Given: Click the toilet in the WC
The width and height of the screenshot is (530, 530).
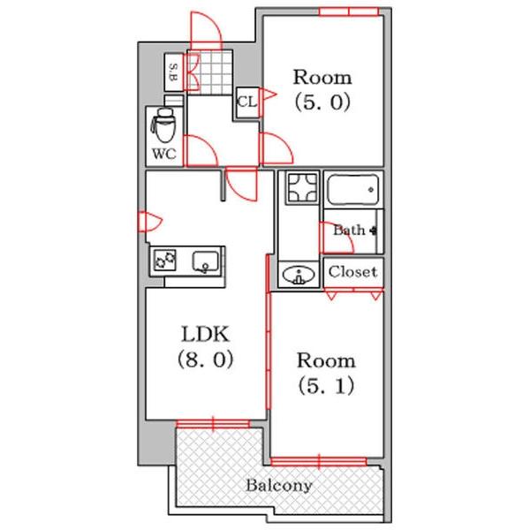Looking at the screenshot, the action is coord(164,125).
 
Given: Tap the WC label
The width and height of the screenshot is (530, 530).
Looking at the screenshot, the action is coord(164,154).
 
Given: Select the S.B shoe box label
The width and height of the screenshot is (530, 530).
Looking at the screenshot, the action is coord(173,72).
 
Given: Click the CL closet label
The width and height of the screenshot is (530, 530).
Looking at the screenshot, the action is coord(247,102).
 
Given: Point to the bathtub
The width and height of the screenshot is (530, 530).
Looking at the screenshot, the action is coord(352,189).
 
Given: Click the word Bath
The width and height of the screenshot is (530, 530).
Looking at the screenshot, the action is coord(349,231).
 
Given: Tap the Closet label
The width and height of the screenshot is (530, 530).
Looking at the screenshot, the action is coord(352,272).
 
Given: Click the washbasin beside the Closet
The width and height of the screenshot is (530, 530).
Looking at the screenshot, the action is coord(299,275).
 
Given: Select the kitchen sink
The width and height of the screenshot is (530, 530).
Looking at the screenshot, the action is coord(206,262).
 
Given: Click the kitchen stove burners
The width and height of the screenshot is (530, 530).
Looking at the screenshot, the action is coord(165,260).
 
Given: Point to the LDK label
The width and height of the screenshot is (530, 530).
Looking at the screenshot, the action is coord(206,334).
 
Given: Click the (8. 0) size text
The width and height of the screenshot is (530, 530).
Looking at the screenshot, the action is coord(206,359).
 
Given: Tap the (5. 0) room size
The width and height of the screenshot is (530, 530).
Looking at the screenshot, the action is coord(322,102).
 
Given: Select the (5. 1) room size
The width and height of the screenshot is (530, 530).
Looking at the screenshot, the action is coord(327,386).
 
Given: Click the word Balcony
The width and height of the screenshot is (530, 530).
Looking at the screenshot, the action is coord(279,486).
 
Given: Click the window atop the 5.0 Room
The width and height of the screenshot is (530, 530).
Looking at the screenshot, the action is coord(349,11).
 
